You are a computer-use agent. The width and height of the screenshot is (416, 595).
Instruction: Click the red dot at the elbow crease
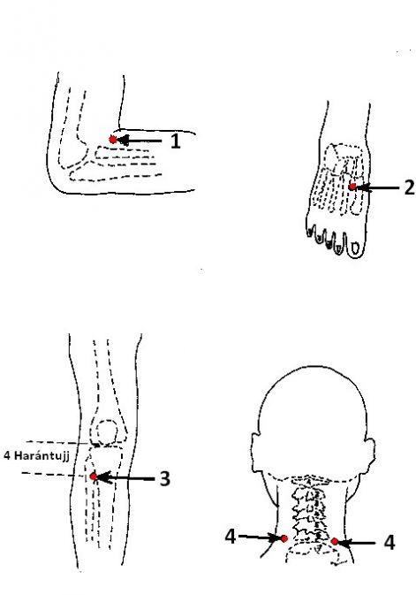(113, 140)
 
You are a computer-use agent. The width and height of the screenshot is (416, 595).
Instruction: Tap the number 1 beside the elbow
(175, 141)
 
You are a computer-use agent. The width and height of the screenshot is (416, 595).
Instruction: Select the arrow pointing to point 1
(140, 141)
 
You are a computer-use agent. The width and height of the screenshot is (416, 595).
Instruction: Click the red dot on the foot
(352, 187)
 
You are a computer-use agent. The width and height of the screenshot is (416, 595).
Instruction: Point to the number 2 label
(409, 187)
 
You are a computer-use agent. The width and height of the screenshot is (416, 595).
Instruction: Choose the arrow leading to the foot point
(377, 187)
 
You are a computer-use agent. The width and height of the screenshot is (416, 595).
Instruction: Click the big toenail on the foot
(355, 248)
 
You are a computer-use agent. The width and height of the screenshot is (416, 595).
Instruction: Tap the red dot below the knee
(94, 477)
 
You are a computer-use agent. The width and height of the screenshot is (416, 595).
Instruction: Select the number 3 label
(164, 479)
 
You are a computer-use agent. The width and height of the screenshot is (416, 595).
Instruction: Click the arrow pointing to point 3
(126, 477)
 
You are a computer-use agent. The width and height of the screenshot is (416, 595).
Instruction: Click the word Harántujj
(42, 455)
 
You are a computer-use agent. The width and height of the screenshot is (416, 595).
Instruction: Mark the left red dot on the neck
(284, 538)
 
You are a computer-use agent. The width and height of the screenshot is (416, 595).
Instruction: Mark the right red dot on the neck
(335, 541)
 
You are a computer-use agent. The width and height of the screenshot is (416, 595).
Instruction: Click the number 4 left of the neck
(231, 537)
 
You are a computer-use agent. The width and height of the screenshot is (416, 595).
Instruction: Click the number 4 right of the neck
(390, 542)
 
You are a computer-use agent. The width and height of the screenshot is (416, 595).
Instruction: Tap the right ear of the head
(369, 454)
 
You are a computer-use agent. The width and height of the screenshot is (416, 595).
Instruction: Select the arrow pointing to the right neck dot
(357, 543)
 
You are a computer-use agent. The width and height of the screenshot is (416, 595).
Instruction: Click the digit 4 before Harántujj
(7, 455)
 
